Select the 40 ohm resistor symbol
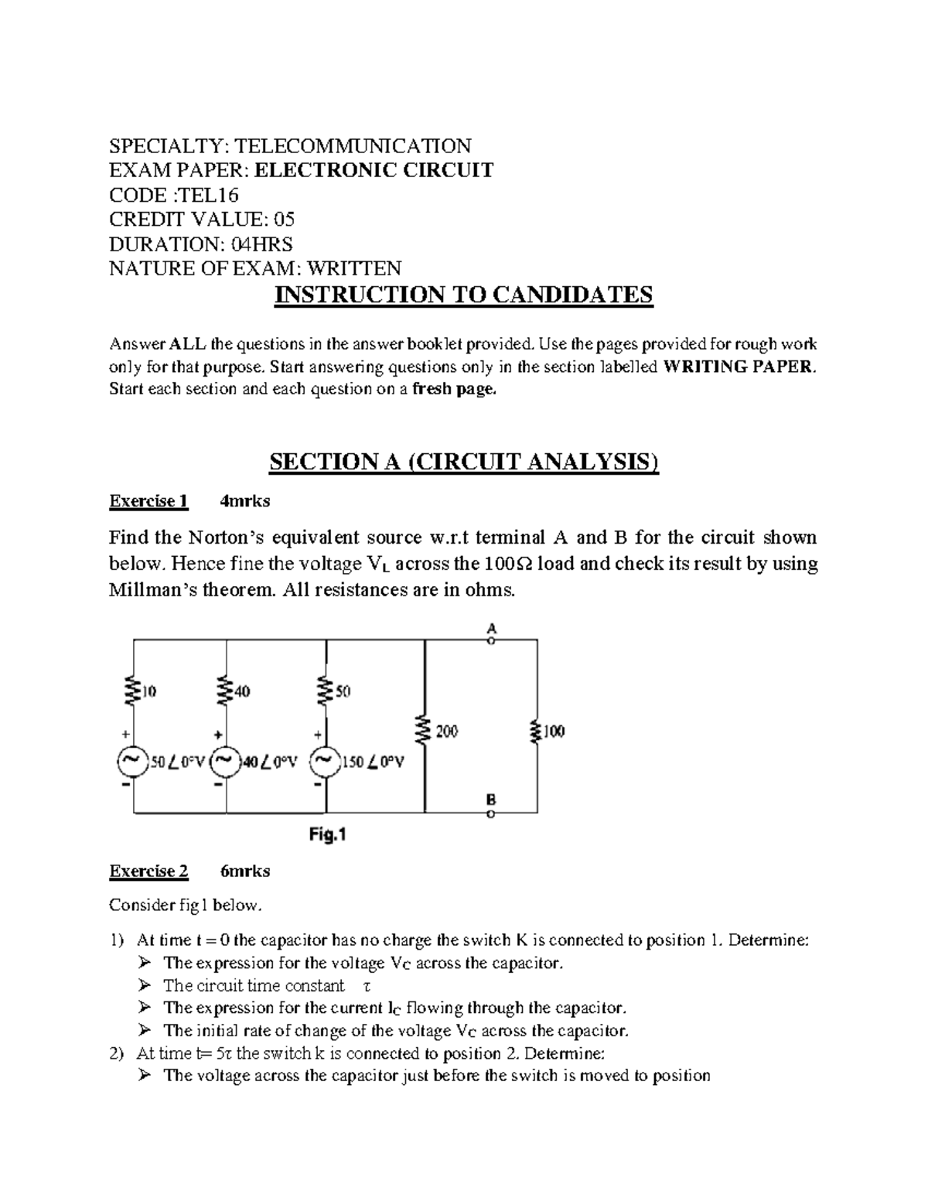tap(226, 691)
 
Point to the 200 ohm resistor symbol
tap(424, 730)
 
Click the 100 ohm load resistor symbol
tap(536, 730)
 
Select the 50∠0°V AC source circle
tap(131, 763)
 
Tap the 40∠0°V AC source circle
tap(224, 763)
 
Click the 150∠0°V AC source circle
tap(324, 763)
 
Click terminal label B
tap(491, 800)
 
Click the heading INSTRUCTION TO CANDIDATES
tap(464, 295)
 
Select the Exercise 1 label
tap(148, 501)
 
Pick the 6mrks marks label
tap(245, 871)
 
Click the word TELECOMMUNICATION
tap(353, 145)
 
